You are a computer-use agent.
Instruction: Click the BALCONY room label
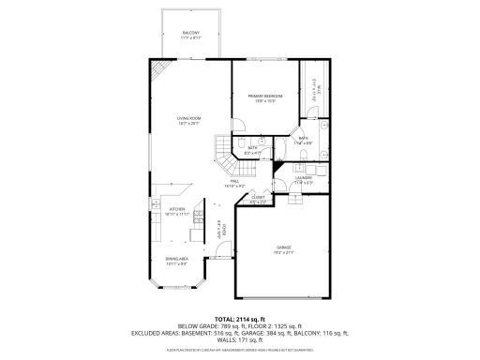190,33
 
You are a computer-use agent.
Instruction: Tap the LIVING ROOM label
189,117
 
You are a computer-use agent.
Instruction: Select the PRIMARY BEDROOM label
265,97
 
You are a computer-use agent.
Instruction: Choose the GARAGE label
284,247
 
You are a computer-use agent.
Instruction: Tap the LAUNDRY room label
303,177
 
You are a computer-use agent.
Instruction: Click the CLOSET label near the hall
259,197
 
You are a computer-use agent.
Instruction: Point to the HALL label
234,181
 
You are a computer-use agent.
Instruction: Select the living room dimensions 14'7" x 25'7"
189,123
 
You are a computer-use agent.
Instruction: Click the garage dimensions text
284,252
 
